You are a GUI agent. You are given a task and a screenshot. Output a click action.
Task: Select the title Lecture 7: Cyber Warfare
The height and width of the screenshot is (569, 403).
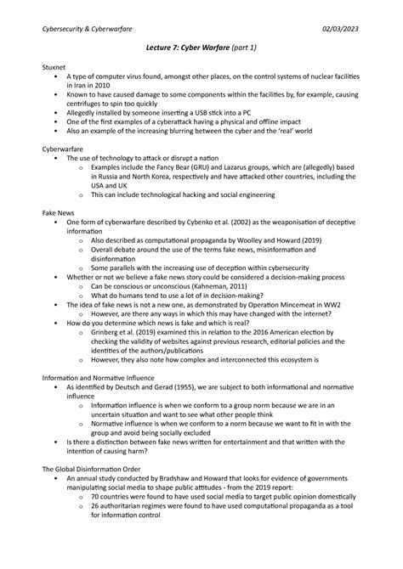tap(181, 48)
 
